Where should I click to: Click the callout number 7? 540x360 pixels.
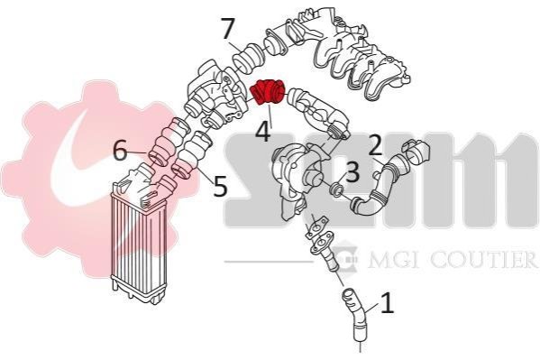[228, 29]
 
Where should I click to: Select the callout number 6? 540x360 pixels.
[120, 151]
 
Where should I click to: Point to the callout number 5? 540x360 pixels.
[220, 186]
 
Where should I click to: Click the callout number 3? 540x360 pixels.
[352, 171]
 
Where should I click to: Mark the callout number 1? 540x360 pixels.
[388, 303]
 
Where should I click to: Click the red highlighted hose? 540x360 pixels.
[268, 92]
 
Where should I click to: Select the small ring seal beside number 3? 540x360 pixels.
[335, 189]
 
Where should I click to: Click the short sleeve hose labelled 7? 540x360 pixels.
[247, 59]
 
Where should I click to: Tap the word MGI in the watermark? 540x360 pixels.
[394, 259]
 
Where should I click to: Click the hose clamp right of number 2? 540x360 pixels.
[417, 151]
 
